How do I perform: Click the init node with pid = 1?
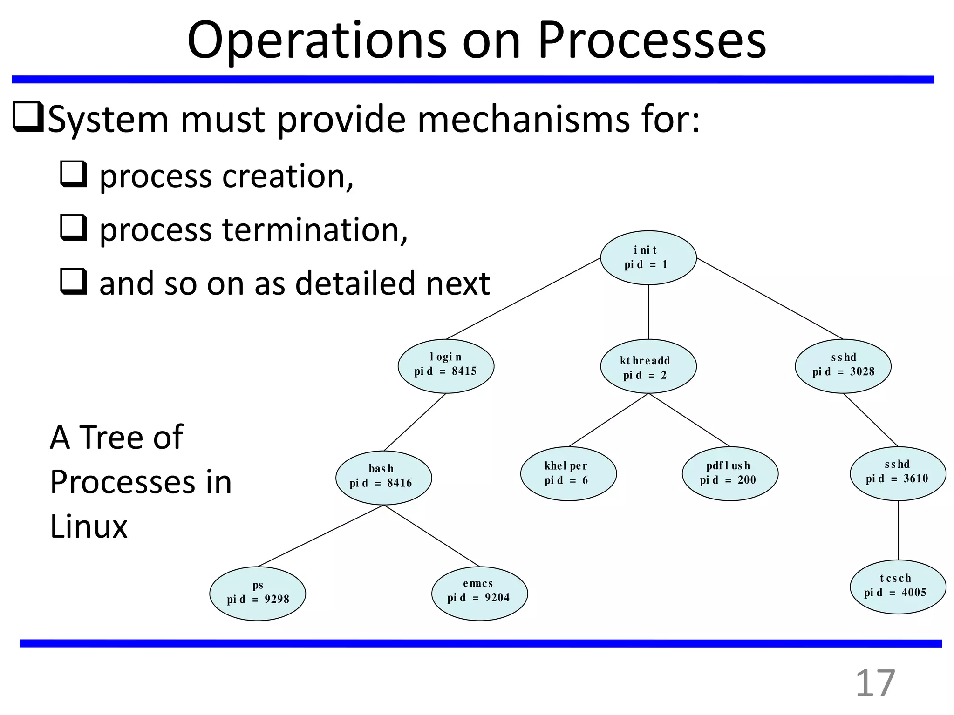648,257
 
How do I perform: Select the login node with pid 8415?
446,366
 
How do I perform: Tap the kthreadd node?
648,367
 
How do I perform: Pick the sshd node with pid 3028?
843,366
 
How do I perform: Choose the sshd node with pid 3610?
898,473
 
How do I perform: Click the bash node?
383,477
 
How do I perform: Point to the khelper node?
568,473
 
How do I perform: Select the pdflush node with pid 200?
730,473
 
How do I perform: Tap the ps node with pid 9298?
258,593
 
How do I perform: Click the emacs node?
479,593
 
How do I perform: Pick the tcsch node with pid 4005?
898,587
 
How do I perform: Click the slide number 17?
875,683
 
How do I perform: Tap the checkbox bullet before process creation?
73,174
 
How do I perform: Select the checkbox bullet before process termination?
73,228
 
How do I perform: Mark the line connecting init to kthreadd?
648,312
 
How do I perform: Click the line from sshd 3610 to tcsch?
898,530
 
